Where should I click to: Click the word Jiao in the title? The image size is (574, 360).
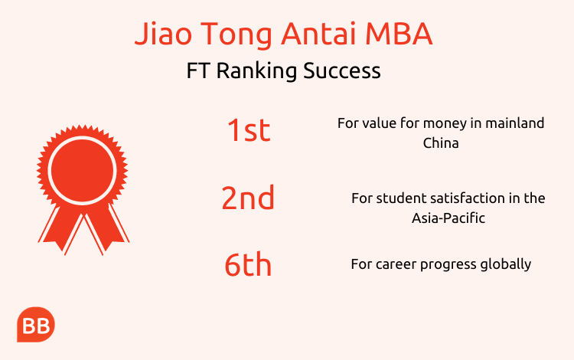163,34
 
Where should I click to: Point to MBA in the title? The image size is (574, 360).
399,34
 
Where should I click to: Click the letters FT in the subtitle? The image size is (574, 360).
197,70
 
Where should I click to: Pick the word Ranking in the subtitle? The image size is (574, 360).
256,71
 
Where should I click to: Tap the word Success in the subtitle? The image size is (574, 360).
342,70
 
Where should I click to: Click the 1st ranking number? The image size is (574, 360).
249,130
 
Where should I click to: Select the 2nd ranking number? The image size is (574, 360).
248,197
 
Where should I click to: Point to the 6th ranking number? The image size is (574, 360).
248,263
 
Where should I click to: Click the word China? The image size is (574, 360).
441,142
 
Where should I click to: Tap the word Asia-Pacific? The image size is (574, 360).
448,218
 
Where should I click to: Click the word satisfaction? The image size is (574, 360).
468,198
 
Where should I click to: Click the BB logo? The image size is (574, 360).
36,325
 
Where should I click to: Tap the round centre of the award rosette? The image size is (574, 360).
83,170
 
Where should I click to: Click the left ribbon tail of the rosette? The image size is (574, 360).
60,227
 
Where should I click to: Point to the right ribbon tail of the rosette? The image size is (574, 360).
106,227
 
